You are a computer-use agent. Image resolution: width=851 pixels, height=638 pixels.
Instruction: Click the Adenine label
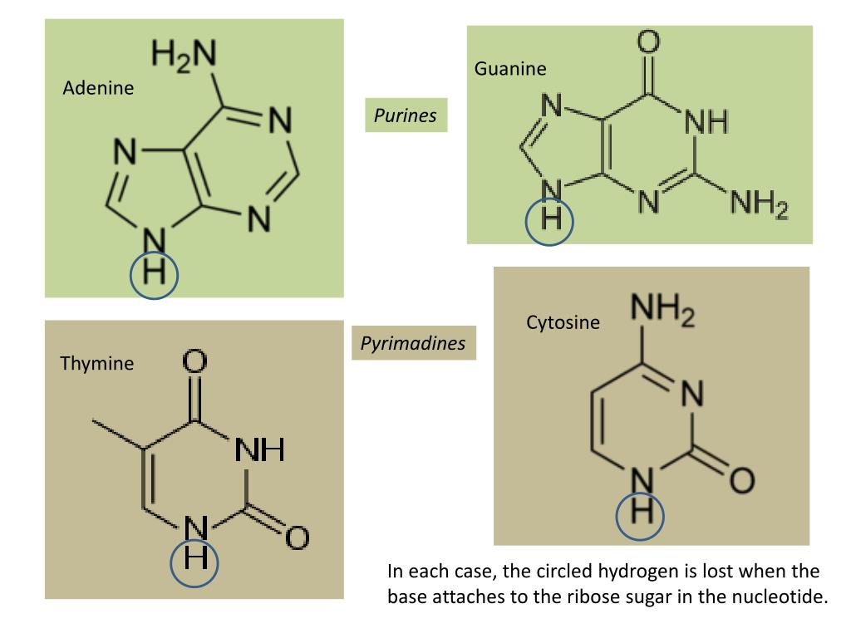coord(98,88)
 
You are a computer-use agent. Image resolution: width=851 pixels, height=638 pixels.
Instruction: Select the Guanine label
coord(510,69)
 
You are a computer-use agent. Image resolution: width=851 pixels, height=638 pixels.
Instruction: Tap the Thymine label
coord(96,363)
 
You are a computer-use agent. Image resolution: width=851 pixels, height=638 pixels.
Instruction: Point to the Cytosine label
coord(563,322)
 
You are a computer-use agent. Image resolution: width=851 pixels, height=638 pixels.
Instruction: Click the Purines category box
coord(405,115)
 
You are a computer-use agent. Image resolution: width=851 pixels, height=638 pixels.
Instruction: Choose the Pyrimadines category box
coord(413,343)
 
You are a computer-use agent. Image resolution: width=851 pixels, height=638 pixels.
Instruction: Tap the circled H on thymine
coord(194,557)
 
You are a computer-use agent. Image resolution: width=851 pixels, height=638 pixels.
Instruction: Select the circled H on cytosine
coord(641,509)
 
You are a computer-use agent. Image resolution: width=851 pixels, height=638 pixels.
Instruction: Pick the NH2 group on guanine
coord(758,204)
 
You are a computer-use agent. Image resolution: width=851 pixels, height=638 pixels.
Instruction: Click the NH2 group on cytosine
coord(662,313)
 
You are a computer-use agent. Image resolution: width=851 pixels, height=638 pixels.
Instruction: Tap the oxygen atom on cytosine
coord(742,479)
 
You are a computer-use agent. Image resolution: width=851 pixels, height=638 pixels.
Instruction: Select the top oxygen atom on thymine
coord(194,362)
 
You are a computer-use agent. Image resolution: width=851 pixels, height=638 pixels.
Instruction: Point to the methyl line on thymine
coord(117,436)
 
